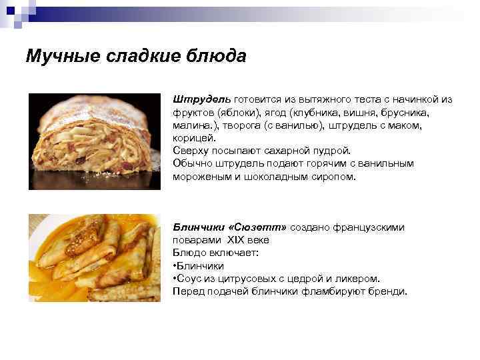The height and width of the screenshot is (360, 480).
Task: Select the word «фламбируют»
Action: (x=325, y=291)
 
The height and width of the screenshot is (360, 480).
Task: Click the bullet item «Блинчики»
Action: (x=197, y=266)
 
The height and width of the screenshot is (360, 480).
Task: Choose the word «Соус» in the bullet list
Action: (x=189, y=279)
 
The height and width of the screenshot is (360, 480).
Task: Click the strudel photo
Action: (x=94, y=141)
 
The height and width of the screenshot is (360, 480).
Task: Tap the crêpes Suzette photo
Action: (x=94, y=257)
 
